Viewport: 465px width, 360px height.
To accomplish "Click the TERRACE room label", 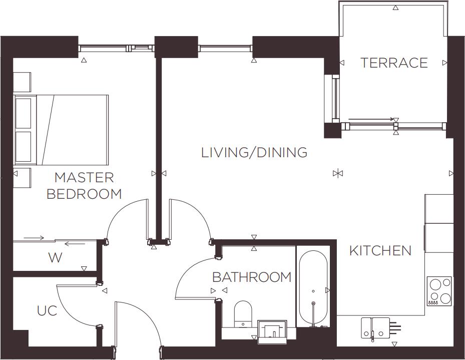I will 394,63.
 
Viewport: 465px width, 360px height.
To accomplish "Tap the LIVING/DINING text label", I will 254,153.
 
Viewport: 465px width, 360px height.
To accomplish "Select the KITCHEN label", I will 380,250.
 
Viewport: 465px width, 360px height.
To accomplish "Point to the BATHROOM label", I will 252,277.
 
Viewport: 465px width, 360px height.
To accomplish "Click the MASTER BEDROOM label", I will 84,185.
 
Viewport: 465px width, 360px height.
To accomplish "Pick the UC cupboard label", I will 47,311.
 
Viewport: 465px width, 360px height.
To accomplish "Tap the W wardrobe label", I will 55,258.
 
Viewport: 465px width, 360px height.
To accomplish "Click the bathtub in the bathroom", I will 313,288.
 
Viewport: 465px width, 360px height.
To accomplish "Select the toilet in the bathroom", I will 243,313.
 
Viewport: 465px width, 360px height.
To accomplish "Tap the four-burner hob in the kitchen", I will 439,291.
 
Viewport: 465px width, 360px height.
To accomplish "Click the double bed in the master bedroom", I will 62,130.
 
